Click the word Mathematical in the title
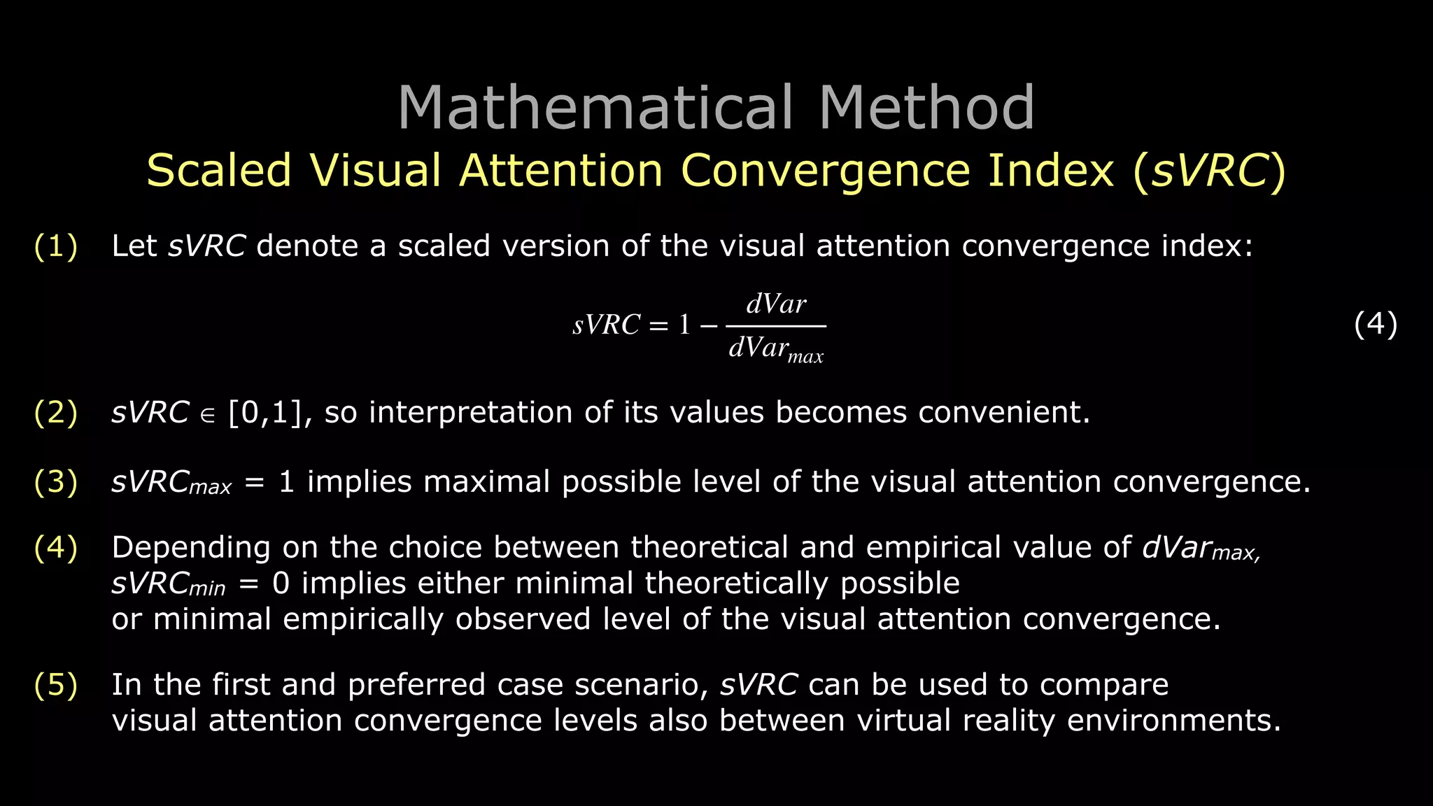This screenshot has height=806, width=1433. click(595, 108)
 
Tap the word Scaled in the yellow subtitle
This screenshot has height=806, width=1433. click(218, 171)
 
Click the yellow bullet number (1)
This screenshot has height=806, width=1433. click(56, 246)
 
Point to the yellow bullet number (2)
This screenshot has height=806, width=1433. click(56, 413)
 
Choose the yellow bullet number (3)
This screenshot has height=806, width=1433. click(56, 482)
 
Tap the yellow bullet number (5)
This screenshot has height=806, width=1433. click(56, 685)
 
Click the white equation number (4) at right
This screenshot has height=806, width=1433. click(1375, 325)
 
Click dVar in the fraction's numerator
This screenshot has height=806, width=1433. click(776, 304)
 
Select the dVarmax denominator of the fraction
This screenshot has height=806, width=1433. click(776, 348)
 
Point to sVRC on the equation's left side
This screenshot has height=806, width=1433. click(606, 325)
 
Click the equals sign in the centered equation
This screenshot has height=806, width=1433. click(658, 325)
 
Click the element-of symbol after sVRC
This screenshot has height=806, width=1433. click(208, 415)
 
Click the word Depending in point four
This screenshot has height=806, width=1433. click(191, 548)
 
